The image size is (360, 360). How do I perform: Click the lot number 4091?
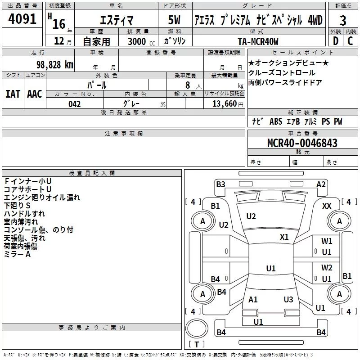tap(22, 19)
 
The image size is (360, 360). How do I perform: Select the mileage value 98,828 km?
tap(55, 65)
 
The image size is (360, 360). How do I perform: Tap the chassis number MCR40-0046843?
tap(302, 143)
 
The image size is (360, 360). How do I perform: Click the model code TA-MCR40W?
tap(258, 41)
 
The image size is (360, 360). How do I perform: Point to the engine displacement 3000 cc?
tap(141, 41)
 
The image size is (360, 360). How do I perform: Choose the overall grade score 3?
tap(343, 21)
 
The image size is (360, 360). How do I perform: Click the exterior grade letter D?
tap(336, 41)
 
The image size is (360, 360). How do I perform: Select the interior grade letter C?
tap(350, 41)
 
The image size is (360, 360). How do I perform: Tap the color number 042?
tap(75, 104)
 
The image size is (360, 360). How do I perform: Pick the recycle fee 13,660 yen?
tap(228, 104)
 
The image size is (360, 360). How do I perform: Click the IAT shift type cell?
tap(13, 94)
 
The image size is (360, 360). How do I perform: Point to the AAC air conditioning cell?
tap(35, 94)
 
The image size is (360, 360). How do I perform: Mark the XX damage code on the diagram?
tap(327, 206)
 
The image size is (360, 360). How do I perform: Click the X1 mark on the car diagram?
tap(284, 237)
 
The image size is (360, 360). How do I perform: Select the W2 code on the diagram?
tap(327, 267)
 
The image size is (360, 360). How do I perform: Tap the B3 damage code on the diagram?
tap(220, 184)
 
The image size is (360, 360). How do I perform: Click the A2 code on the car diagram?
tap(321, 184)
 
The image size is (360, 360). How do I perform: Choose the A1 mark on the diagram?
tap(253, 299)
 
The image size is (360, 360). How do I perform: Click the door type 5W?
tap(174, 20)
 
